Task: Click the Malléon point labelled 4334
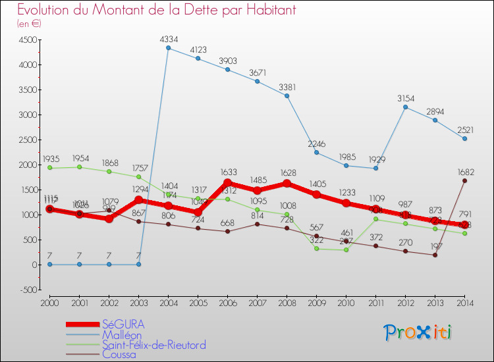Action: [x=169, y=48]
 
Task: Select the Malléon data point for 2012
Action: [x=406, y=107]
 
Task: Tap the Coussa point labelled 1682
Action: [x=465, y=180]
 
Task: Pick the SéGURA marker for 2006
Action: [x=228, y=183]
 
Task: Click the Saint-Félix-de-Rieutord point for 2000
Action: [x=50, y=168]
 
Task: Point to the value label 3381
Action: [x=287, y=87]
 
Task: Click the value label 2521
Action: [x=465, y=130]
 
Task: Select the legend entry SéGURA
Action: [x=123, y=324]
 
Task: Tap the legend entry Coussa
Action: [x=119, y=354]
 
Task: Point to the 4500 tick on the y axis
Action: [x=27, y=39]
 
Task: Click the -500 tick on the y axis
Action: [x=27, y=290]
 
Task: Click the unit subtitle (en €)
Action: [x=29, y=23]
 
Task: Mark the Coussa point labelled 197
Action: [x=435, y=255]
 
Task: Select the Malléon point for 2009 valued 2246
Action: [x=317, y=153]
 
